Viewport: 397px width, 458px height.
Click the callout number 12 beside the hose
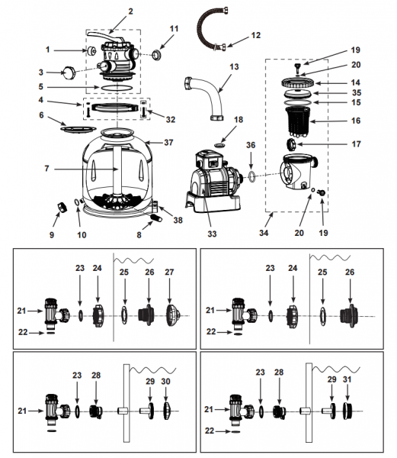(x=255, y=35)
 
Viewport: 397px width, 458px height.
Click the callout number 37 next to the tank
(x=168, y=143)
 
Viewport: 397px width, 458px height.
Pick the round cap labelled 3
(x=69, y=73)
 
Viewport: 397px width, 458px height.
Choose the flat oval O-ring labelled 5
(x=117, y=87)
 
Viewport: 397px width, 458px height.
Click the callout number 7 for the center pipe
(x=46, y=169)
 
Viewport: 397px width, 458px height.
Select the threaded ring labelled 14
(x=298, y=82)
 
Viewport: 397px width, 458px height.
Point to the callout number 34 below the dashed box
(x=264, y=233)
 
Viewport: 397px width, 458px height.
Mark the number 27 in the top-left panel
(x=169, y=272)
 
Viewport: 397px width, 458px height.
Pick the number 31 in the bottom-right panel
(x=347, y=379)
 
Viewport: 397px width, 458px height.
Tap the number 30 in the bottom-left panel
(x=165, y=381)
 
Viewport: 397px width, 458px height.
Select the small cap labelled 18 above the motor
(x=220, y=144)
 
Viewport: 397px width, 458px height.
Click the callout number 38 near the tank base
(x=178, y=220)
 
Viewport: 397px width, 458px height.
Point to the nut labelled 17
(x=292, y=144)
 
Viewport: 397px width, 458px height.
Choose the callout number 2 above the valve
(x=130, y=11)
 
